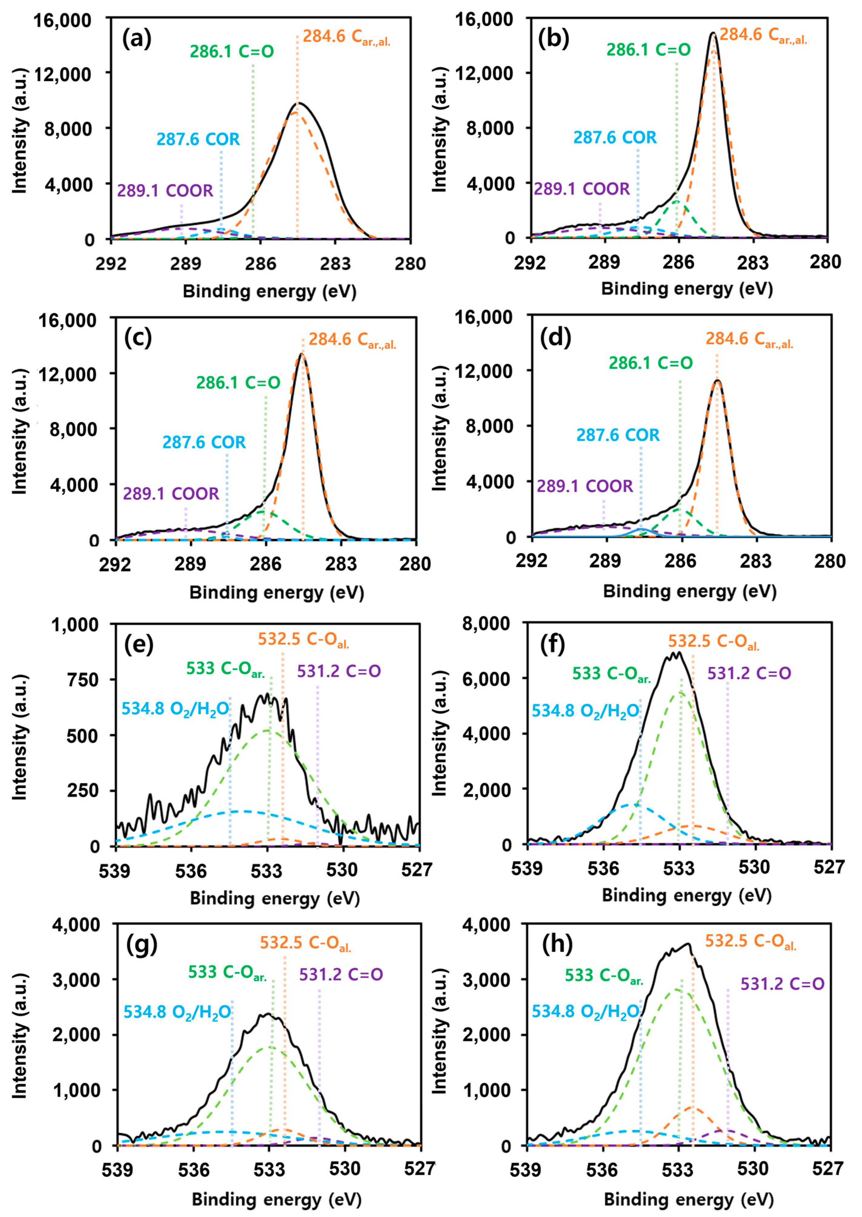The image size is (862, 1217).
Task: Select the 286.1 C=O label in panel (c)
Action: tap(238, 383)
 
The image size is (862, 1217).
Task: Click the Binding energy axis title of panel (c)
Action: tap(277, 592)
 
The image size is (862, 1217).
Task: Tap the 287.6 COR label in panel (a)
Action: tap(198, 140)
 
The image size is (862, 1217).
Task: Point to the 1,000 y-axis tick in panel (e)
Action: tap(75, 624)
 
